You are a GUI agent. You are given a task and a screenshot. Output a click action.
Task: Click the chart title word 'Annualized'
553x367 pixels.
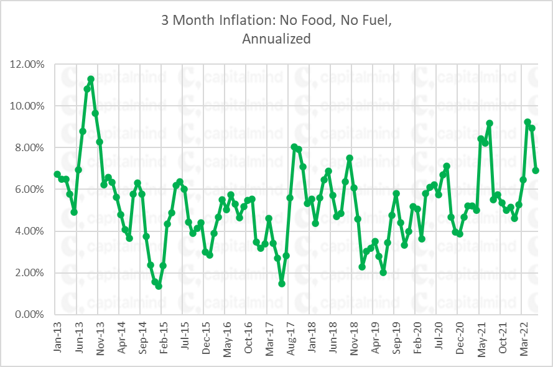click(x=277, y=39)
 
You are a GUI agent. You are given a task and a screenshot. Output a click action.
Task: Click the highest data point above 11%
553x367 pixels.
click(x=91, y=79)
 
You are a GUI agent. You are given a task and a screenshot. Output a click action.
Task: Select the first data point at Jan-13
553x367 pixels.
click(x=57, y=174)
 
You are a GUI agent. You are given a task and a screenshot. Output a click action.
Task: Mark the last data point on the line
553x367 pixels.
click(x=536, y=170)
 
